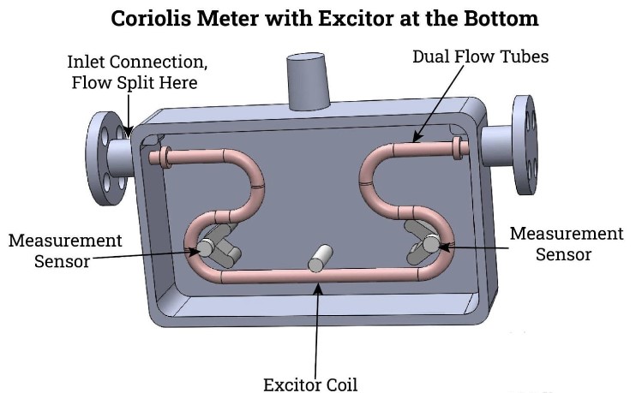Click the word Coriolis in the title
pos(151,19)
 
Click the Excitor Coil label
pos(310,384)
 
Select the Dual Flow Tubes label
pos(480,57)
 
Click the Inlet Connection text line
pos(137,62)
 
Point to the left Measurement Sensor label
pos(65,250)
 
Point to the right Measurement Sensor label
pos(567,243)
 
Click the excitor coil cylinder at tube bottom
pos(320,259)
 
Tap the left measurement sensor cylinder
pos(207,247)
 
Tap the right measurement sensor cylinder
pos(430,243)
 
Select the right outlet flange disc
pos(525,145)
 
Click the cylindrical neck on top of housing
pos(307,81)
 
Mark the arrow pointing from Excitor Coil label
pos(317,330)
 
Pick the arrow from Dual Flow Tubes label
pos(438,104)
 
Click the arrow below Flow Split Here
pos(129,114)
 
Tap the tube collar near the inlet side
pos(165,157)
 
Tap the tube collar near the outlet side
pos(457,148)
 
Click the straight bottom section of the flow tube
pos(321,277)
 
